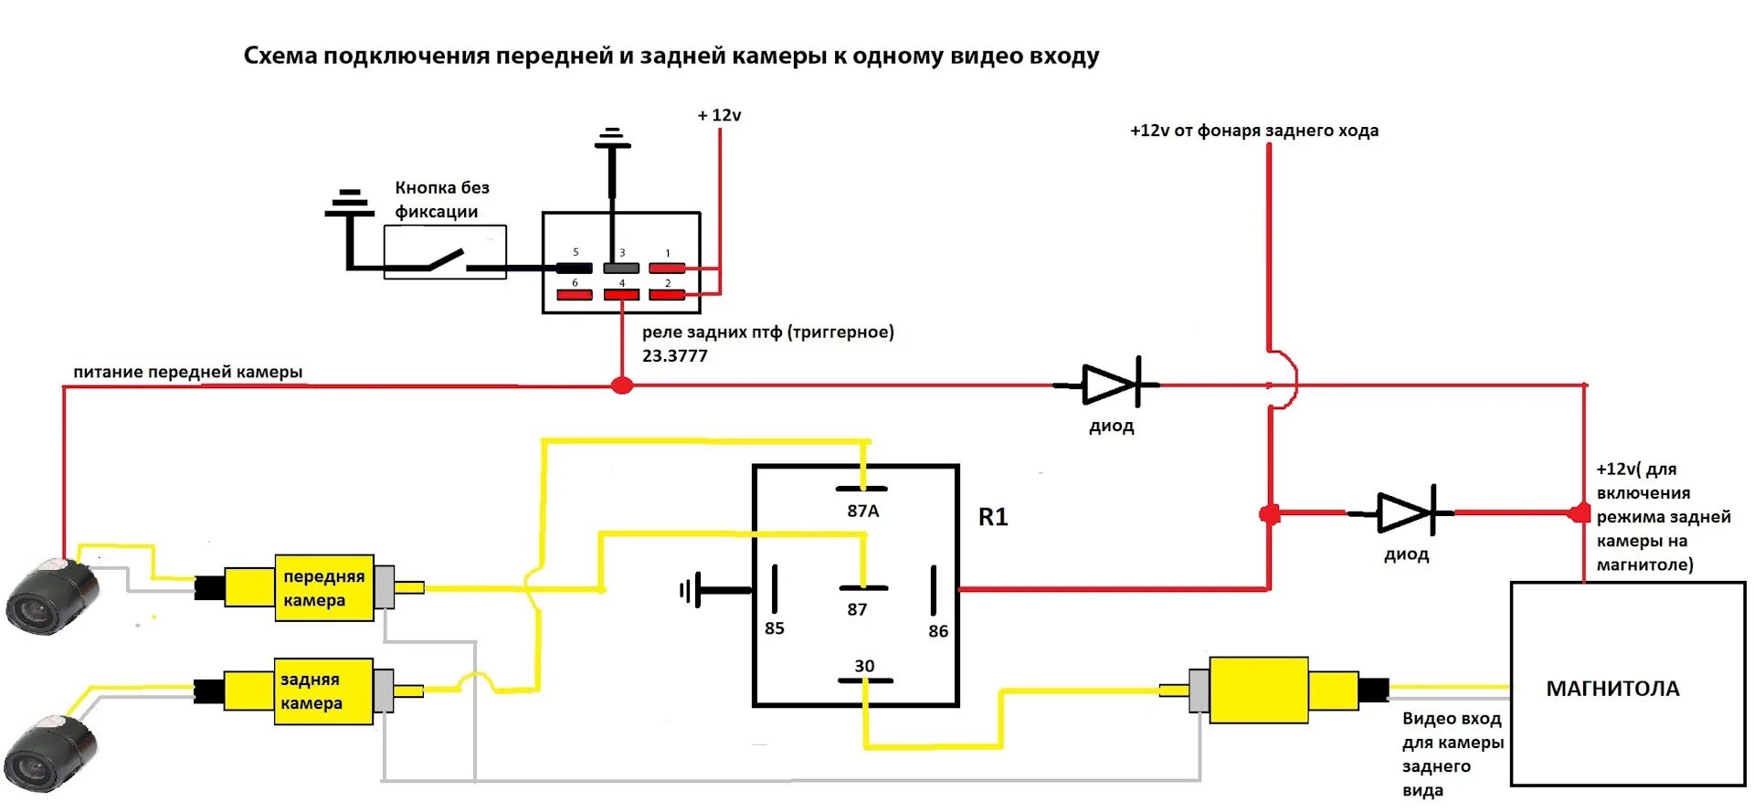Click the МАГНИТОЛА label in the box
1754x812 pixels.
point(1612,689)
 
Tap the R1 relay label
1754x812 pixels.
point(993,517)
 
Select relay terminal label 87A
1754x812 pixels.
point(862,511)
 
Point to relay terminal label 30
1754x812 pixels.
point(864,666)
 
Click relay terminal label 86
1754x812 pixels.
point(938,631)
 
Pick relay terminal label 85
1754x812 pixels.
point(775,628)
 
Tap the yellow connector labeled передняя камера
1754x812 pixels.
point(323,588)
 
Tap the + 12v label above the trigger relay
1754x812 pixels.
point(719,116)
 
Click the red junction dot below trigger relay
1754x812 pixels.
point(622,385)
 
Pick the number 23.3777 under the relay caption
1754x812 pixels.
point(674,356)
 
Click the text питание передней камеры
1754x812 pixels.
point(187,372)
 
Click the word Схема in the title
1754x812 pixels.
point(280,57)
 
